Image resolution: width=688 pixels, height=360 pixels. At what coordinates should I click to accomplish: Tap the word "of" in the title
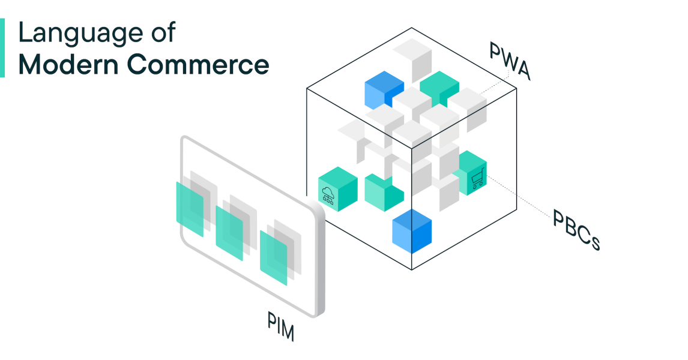163,32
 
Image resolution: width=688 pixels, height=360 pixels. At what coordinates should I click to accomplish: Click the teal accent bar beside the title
2,47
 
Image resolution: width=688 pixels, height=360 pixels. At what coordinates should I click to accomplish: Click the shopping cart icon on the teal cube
478,179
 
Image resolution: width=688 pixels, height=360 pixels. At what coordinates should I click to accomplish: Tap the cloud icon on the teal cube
328,195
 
